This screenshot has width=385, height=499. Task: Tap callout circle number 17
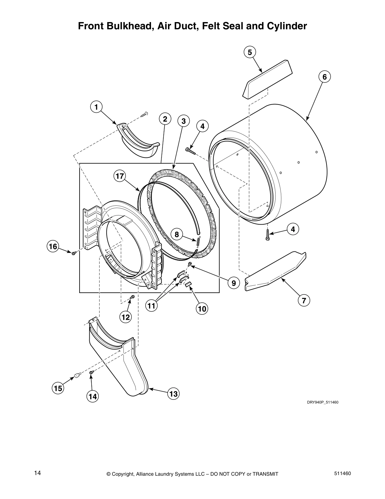tap(120, 176)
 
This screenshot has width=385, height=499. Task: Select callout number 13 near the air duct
tap(173, 394)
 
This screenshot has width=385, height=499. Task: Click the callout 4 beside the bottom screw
tap(293, 229)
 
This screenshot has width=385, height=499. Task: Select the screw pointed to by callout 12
tap(132, 297)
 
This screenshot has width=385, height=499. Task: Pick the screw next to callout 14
tap(91, 373)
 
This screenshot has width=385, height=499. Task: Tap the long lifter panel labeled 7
tap(275, 271)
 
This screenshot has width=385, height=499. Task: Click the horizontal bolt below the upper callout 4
tap(191, 151)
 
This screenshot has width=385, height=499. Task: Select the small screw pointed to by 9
tap(190, 264)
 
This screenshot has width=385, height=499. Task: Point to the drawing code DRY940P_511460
tap(322, 402)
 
